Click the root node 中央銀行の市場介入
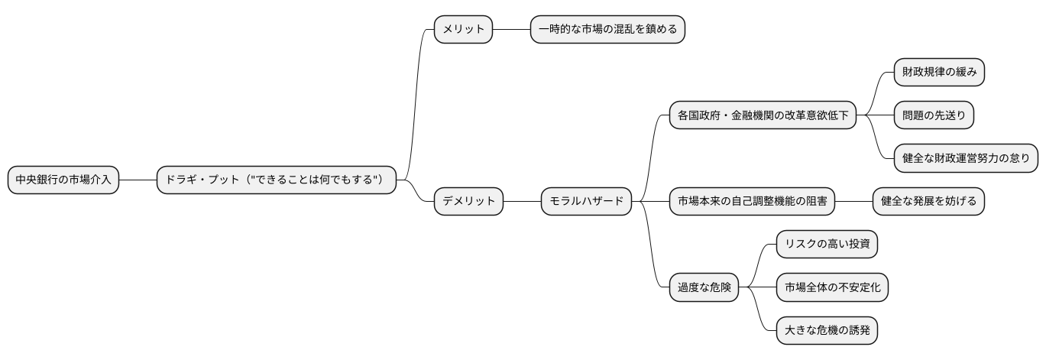[x=63, y=180]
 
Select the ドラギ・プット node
[x=277, y=180]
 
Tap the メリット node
[x=463, y=30]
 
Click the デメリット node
[x=468, y=202]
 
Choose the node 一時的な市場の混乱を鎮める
[x=607, y=30]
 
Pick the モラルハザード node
[x=587, y=202]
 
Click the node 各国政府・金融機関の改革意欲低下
[x=762, y=115]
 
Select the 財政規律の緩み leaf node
[x=939, y=73]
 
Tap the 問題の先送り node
[x=934, y=115]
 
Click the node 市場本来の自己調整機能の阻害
[x=751, y=202]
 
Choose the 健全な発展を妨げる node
[x=928, y=202]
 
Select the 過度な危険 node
[x=704, y=288]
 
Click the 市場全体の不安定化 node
[x=832, y=288]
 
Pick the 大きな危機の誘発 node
[x=827, y=331]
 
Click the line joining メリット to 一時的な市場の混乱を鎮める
[x=511, y=30]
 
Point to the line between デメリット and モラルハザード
[x=522, y=202]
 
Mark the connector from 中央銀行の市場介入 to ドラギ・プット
[x=138, y=180]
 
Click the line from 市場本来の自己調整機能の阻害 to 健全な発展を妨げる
[x=853, y=202]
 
